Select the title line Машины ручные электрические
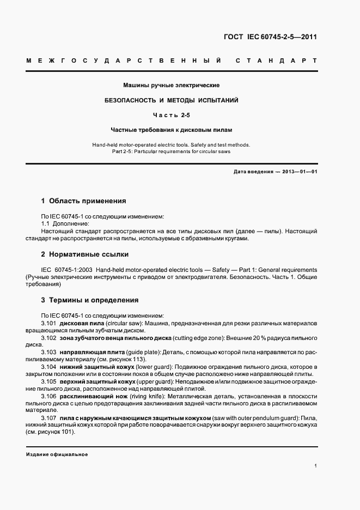171,86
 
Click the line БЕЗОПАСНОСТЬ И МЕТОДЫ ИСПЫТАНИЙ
172,101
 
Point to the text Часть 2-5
171,116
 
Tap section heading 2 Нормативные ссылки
85,254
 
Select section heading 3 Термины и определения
90,300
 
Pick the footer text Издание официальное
57,454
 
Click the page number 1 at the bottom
316,465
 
